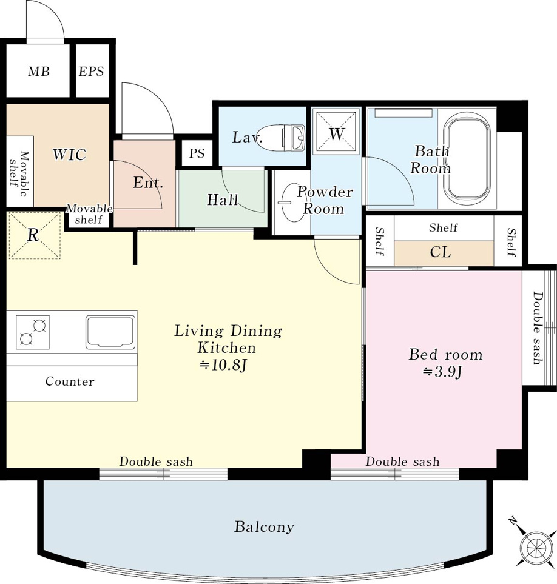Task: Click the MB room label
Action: click(39, 71)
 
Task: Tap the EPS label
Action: click(91, 71)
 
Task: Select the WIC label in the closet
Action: click(69, 154)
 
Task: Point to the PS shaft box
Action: click(197, 153)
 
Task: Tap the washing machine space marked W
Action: click(336, 132)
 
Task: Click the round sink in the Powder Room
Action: click(289, 203)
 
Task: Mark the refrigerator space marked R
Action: click(34, 235)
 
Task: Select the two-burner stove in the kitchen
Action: click(33, 332)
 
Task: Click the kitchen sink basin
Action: click(110, 332)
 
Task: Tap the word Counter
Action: click(70, 381)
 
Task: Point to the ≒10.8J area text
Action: click(223, 365)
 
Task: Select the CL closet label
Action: click(441, 252)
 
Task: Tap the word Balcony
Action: click(264, 526)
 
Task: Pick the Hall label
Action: click(223, 200)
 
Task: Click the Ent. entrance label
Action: click(148, 183)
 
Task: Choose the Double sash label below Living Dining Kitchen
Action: click(156, 462)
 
